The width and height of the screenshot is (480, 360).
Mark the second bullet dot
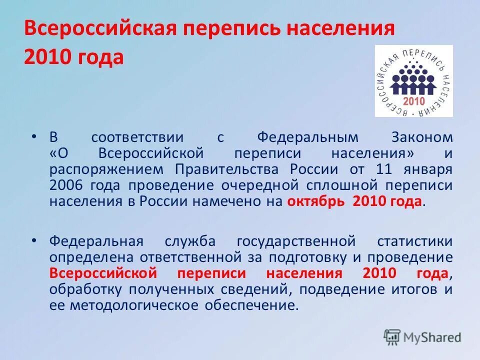(x=33, y=240)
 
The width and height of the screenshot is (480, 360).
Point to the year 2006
(x=66, y=185)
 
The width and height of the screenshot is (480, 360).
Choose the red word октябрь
(x=317, y=202)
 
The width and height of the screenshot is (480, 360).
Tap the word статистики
(x=414, y=241)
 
